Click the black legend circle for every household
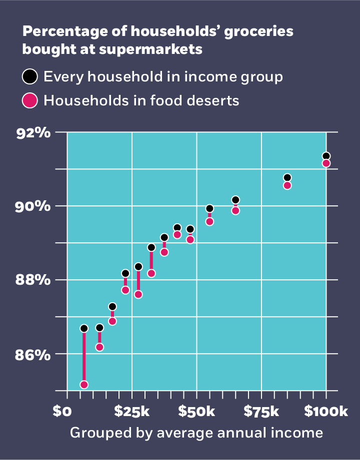coord(30,77)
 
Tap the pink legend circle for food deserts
coord(30,100)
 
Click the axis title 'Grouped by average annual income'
coord(196,433)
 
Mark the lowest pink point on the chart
coord(84,385)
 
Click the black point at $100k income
coord(326,156)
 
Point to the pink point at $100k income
coord(326,163)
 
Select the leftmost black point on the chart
coord(84,328)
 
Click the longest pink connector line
coord(84,357)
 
